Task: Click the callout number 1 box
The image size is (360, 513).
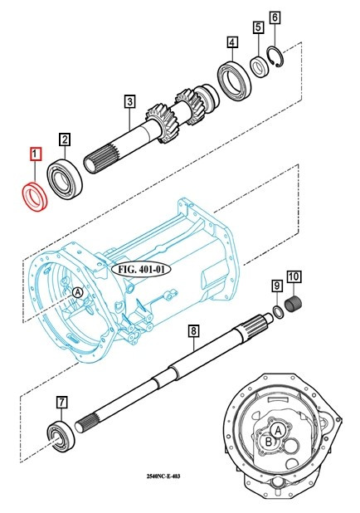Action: coord(35,154)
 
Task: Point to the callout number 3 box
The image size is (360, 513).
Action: coord(129,102)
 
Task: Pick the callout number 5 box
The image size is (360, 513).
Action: coord(259,27)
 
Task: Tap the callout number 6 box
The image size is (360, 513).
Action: coord(275,17)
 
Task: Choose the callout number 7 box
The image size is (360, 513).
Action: coord(61,403)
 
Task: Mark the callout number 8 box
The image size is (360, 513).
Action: coord(192,330)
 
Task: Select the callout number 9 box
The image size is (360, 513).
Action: coord(276,286)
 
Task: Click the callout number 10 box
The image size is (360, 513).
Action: coord(294,276)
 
